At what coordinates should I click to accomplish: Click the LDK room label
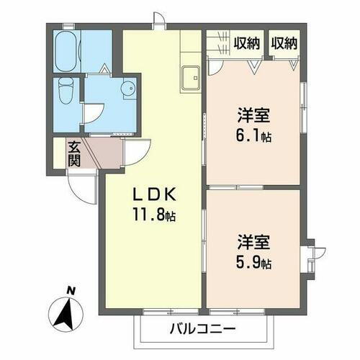(153, 195)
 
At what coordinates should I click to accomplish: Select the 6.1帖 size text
(253, 135)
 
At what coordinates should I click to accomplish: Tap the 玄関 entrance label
(74, 153)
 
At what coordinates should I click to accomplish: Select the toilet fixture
(67, 91)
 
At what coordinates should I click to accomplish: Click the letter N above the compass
(71, 291)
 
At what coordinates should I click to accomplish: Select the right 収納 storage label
(284, 43)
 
